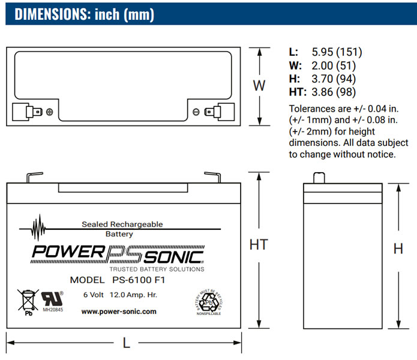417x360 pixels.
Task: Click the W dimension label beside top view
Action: (259, 85)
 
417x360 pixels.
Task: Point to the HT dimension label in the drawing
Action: (258, 245)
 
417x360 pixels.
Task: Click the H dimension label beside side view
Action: (398, 249)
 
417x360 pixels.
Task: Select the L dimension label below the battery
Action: (126, 343)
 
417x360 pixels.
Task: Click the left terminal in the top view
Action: (28, 111)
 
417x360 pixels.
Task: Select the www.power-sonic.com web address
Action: (119, 311)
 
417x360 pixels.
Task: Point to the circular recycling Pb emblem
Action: (208, 303)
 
